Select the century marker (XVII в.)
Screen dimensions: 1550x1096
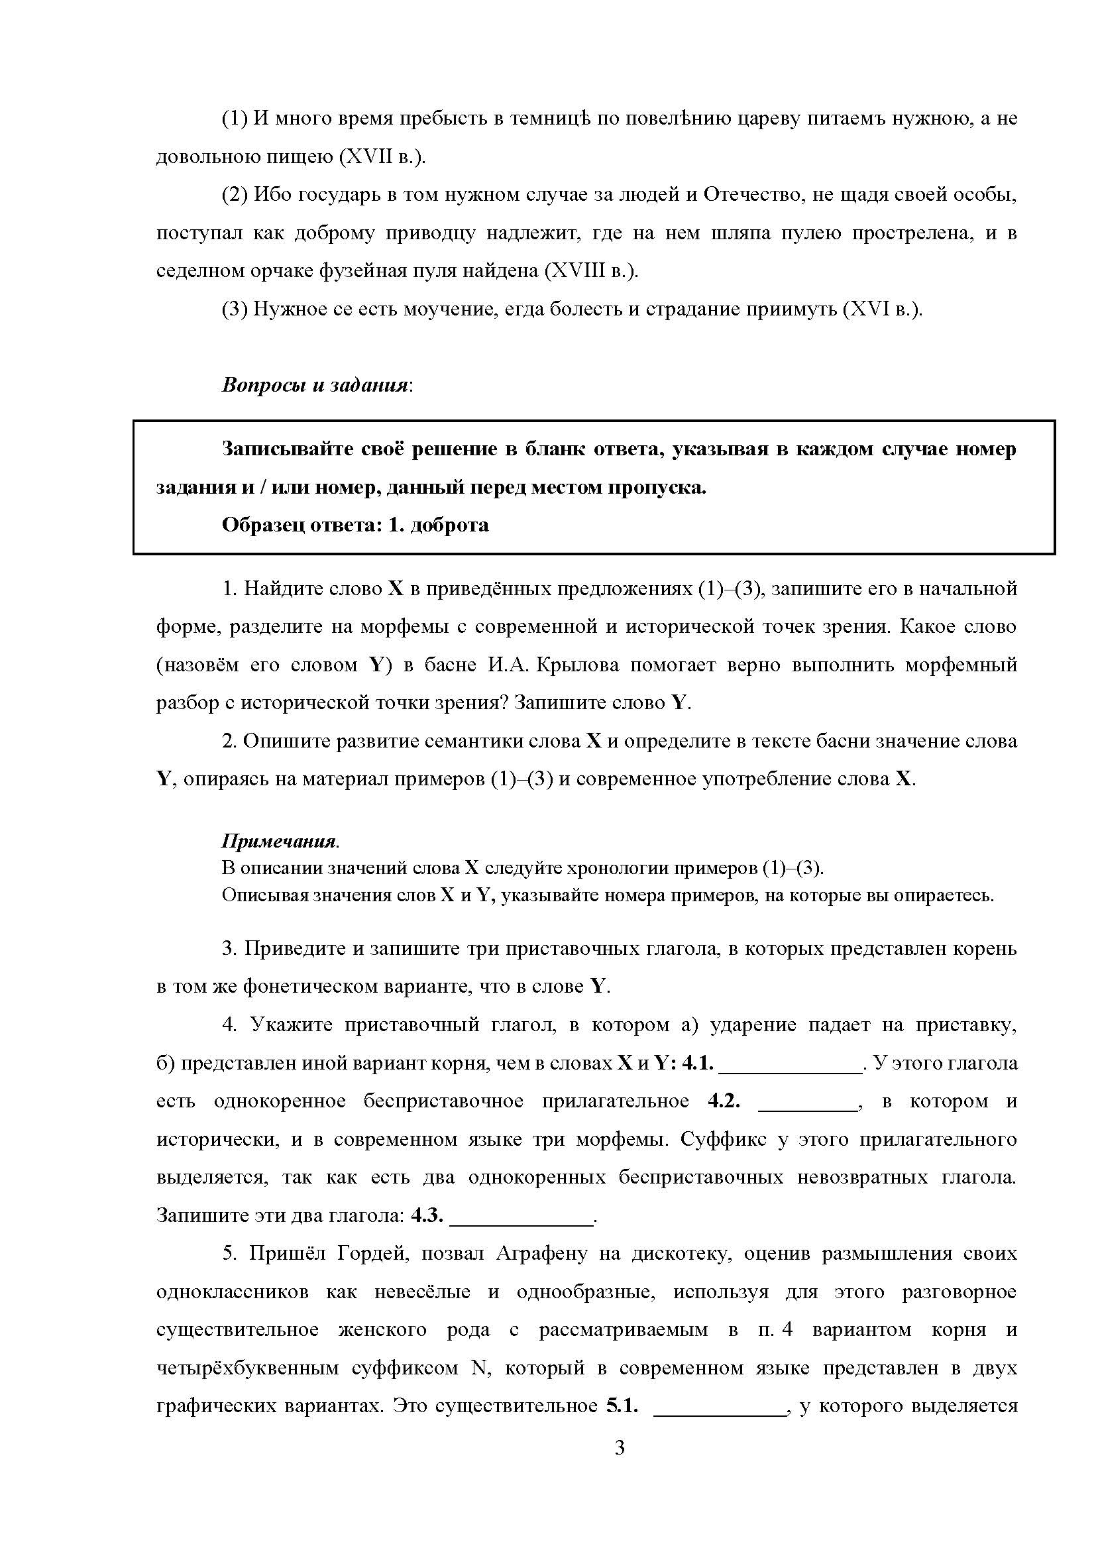click(x=382, y=156)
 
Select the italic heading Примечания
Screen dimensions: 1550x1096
click(x=279, y=841)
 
